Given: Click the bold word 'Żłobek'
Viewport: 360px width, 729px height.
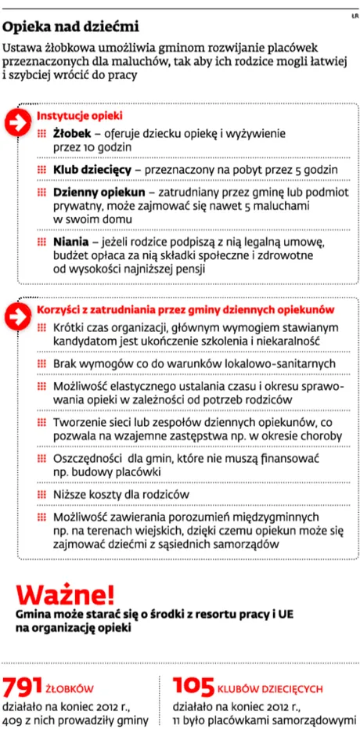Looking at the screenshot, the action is click(71, 134).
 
